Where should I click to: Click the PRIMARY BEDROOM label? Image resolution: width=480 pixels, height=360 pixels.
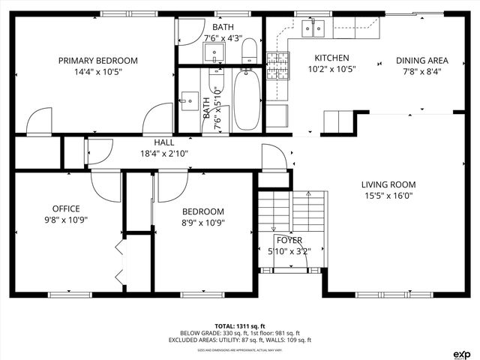click(97, 61)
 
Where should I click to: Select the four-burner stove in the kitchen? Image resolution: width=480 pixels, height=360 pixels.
click(277, 65)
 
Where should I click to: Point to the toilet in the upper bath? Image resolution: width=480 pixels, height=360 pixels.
click(250, 51)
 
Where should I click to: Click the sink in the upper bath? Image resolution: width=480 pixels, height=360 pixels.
click(216, 52)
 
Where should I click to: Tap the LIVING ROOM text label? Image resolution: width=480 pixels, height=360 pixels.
click(388, 184)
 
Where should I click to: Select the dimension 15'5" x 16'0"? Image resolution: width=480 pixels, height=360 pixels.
click(388, 196)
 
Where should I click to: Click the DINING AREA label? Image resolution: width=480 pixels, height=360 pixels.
click(422, 61)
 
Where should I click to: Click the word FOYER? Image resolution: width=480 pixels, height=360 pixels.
click(289, 241)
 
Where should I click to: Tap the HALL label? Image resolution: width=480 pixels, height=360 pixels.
click(164, 142)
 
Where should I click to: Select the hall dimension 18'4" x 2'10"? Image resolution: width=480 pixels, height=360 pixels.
click(164, 153)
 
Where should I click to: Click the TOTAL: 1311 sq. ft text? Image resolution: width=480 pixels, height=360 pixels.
click(239, 326)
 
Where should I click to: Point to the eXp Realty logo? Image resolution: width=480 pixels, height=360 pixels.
click(462, 352)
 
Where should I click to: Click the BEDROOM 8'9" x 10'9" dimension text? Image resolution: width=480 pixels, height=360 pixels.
click(202, 222)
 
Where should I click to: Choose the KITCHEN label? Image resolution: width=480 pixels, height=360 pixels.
click(331, 58)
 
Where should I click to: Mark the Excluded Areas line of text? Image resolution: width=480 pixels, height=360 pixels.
click(239, 340)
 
